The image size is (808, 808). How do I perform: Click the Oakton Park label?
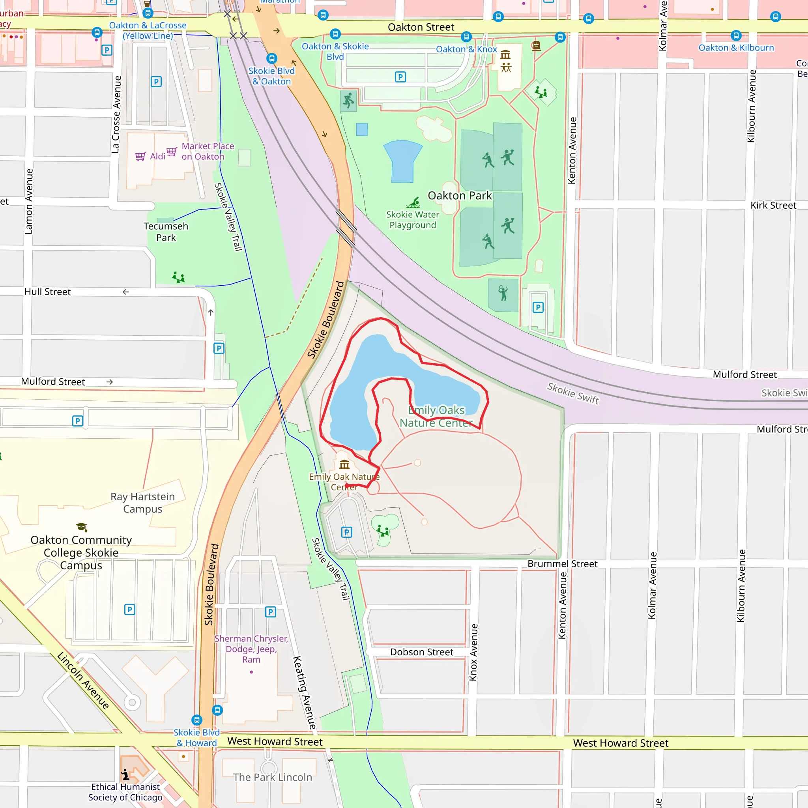459,196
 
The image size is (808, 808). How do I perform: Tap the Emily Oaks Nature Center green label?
436,416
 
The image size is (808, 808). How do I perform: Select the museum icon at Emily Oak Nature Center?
344,464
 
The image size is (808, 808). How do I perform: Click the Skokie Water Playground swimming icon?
413,203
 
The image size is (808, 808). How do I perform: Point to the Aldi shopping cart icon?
140,156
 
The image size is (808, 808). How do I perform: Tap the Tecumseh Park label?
166,232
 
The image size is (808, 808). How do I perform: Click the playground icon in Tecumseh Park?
178,277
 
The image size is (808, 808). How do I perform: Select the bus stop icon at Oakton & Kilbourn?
736,36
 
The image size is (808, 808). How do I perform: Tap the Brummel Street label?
562,564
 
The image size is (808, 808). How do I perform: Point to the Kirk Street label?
773,205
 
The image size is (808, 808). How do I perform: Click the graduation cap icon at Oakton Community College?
82,527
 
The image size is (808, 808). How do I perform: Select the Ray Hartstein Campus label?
142,503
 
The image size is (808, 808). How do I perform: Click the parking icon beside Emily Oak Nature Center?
346,532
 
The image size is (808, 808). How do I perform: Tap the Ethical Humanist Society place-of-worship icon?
125,774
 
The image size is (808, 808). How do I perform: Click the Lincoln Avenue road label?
83,681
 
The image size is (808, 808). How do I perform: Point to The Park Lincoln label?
272,777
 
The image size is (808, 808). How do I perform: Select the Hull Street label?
47,292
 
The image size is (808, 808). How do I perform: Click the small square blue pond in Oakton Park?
362,129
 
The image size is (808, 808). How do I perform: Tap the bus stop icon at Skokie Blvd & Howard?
196,720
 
